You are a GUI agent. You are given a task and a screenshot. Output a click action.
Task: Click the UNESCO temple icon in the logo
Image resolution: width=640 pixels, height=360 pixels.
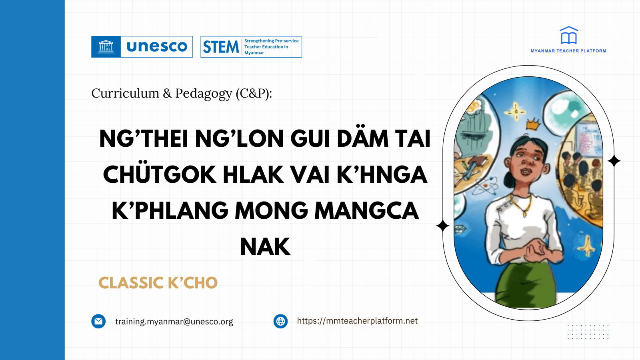point(106,47)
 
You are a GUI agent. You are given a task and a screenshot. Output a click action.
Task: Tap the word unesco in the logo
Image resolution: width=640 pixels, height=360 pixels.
point(157,47)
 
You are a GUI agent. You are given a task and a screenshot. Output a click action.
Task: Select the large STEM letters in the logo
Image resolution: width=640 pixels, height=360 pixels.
point(221,47)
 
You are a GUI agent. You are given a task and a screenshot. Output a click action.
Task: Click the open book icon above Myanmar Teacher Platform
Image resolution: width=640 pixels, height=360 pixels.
point(568,36)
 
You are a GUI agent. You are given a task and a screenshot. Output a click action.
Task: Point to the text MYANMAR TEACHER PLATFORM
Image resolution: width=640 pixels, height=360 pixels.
point(568,51)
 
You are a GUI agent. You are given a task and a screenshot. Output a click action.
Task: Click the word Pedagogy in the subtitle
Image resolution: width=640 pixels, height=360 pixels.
point(204,94)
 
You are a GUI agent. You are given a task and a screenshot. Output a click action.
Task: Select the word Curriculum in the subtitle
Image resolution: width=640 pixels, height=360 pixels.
point(125,93)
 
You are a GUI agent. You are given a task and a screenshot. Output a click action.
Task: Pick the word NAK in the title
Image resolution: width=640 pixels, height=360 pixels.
point(265,247)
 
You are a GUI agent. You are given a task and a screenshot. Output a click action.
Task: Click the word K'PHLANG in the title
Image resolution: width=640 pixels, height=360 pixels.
point(170,211)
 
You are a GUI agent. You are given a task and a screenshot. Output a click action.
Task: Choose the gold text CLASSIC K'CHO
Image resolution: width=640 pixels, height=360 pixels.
point(158,283)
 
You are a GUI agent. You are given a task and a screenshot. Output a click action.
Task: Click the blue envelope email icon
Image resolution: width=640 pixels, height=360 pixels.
point(98,321)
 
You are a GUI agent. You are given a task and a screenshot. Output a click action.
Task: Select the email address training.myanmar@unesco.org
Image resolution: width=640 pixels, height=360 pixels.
point(174,322)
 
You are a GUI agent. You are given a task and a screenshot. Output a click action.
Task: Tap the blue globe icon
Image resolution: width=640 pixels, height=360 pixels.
point(280,321)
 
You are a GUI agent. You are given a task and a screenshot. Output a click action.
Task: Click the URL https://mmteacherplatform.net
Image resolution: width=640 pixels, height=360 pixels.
point(357,321)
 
